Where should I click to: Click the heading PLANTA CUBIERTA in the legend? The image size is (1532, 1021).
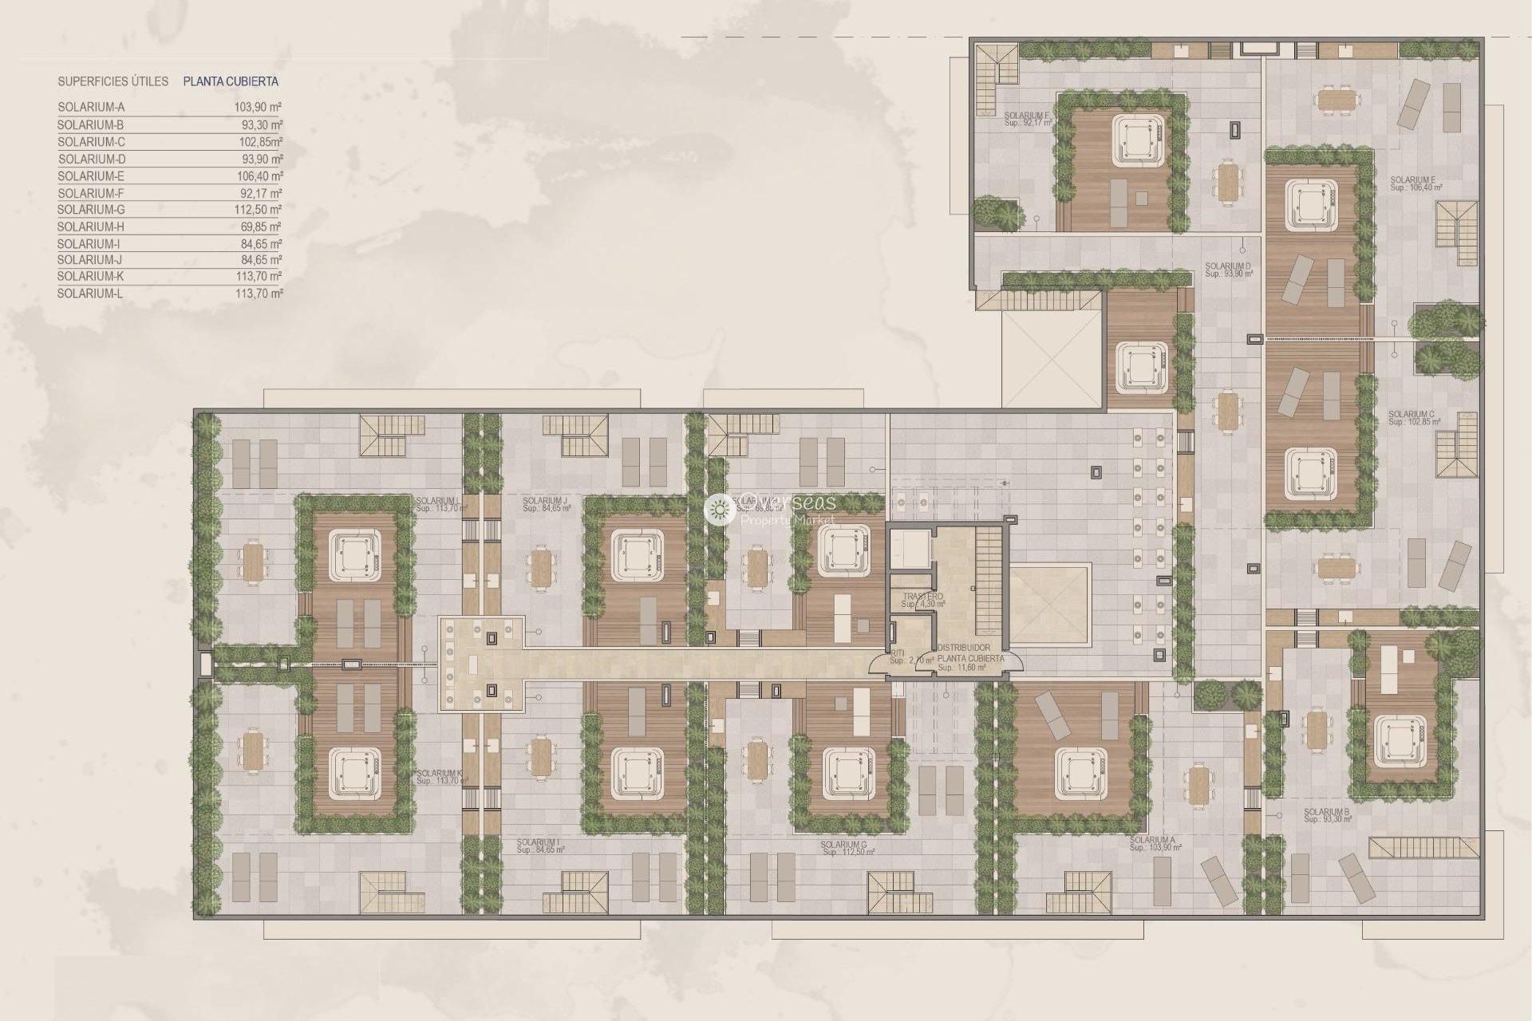(x=231, y=81)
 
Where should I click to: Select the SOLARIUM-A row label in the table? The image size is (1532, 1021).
(x=91, y=107)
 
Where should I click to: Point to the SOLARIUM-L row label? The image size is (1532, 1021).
(x=91, y=294)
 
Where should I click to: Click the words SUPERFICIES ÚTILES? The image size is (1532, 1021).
(x=113, y=81)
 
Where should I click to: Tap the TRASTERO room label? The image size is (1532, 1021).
(x=922, y=597)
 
